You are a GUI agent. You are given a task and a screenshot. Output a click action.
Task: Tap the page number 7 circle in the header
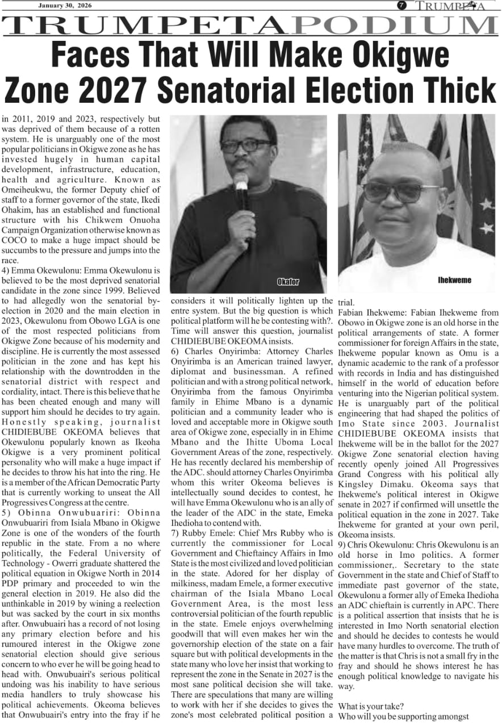pyautogui.click(x=401, y=5)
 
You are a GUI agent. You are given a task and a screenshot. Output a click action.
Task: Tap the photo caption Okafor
pyautogui.click(x=288, y=282)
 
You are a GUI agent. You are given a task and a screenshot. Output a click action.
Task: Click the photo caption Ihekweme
pyautogui.click(x=454, y=280)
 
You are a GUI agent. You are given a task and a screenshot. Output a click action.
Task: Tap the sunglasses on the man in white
pyautogui.click(x=401, y=192)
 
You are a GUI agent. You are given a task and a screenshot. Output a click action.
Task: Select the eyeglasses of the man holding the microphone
pyautogui.click(x=245, y=145)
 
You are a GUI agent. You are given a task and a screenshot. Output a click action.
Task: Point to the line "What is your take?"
pyautogui.click(x=370, y=706)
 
